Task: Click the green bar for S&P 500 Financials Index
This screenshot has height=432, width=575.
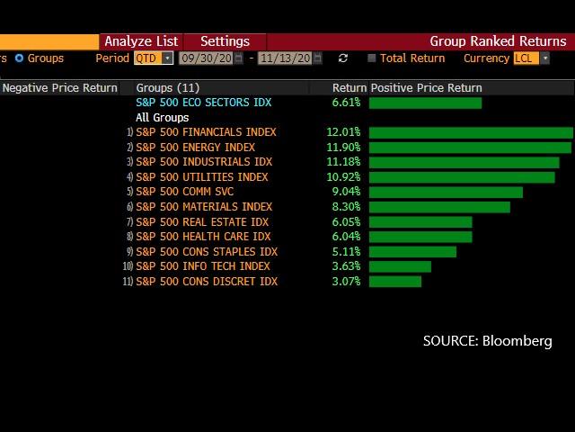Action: coord(471,132)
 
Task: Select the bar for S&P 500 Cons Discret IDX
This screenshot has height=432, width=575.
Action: coord(395,282)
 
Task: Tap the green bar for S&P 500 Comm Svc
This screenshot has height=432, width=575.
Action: coord(446,192)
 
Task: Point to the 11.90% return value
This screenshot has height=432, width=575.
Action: coord(344,148)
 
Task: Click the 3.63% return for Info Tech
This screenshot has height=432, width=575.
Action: coord(346,266)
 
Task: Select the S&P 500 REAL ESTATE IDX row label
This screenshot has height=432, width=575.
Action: coord(202,222)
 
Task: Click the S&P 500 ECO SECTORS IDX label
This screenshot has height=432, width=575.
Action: coord(203,103)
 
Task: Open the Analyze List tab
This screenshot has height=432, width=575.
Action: coord(141,41)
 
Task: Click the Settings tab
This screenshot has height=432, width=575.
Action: coord(225,41)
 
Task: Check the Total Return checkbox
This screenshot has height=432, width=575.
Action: coord(372,58)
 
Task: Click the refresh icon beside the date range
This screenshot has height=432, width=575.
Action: coord(342,58)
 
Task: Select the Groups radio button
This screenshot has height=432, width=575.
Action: coord(19,58)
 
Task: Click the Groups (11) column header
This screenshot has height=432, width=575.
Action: coord(168,88)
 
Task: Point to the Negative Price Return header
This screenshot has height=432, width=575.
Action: coord(59,88)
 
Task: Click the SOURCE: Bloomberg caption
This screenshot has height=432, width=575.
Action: coord(487,341)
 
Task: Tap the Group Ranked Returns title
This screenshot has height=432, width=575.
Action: coord(498,41)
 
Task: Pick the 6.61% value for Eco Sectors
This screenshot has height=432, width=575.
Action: coord(346,103)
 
